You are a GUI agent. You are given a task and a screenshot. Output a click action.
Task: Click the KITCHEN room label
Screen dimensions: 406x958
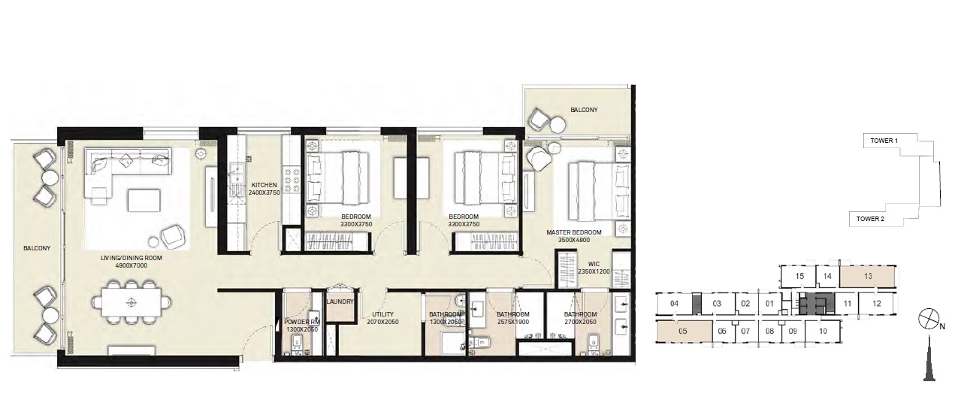coord(264,185)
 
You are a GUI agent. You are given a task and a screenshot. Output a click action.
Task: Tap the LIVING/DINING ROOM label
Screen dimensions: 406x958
coord(132,258)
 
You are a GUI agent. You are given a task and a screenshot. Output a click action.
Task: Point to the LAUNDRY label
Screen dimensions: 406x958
coord(340,302)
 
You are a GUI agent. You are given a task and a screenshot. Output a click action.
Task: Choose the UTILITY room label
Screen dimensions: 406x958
coord(379,314)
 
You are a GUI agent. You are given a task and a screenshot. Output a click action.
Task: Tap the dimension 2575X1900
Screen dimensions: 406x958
coord(513,322)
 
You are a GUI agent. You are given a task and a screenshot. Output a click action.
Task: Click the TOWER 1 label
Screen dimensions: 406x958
coord(883,141)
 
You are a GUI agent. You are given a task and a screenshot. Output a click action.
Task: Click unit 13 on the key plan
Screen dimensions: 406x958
coord(868,277)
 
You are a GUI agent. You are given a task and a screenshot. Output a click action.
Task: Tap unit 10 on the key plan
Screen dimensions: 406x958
coord(823,331)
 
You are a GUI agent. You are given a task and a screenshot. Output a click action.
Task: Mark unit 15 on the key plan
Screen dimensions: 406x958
coord(799,277)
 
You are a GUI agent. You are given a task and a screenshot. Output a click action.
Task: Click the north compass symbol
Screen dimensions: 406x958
coord(929,319)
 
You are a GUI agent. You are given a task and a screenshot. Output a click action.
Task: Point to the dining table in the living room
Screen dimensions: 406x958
coord(131,302)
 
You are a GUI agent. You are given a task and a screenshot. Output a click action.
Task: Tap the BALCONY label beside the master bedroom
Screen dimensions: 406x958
coord(583,110)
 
